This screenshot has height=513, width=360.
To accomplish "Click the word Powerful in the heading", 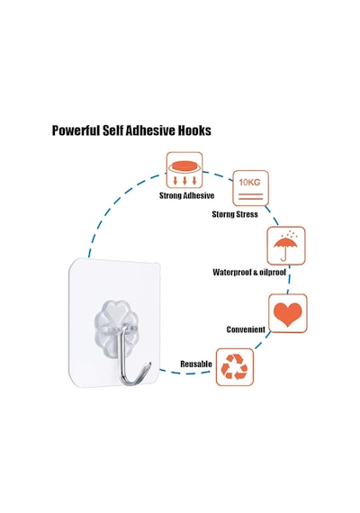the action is [76, 130].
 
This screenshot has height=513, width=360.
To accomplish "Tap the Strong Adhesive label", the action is [186, 195].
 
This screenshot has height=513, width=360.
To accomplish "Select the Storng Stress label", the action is [235, 214].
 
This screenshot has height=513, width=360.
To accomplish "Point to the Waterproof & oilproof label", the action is [249, 272].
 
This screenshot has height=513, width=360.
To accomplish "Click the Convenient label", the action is [246, 329].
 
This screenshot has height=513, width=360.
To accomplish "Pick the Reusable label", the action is [196, 364].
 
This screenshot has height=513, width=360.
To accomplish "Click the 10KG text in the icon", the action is [249, 182].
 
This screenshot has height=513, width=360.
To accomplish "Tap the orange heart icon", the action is [288, 314].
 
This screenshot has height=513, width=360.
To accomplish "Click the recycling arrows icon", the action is [234, 367].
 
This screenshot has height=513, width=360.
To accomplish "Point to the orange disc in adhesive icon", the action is [184, 166].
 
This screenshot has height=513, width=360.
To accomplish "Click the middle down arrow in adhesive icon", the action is [184, 181].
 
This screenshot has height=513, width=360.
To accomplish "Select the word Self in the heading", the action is [112, 130].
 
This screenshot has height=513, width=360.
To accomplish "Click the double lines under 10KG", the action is [250, 196].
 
